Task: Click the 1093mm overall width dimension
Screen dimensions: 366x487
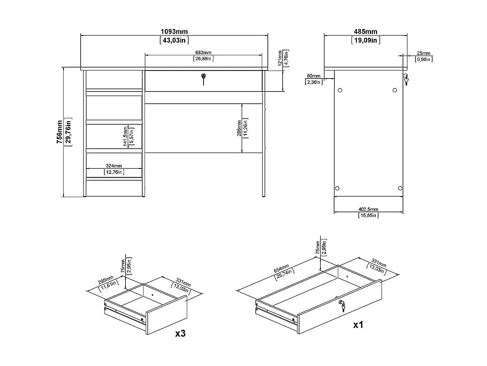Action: tap(174, 32)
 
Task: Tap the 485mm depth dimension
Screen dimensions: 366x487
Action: tap(365, 32)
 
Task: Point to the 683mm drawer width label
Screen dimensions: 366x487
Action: tap(203, 53)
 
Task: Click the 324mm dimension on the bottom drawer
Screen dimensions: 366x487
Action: tap(114, 166)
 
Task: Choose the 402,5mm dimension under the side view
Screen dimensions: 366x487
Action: tap(368, 209)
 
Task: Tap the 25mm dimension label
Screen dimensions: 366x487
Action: tap(423, 53)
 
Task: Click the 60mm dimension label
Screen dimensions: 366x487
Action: tap(314, 76)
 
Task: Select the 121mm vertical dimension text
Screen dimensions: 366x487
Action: tap(280, 58)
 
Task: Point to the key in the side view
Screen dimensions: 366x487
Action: tap(406, 79)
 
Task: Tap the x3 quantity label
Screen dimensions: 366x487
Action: tap(180, 334)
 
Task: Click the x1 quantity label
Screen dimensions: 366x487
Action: tap(358, 325)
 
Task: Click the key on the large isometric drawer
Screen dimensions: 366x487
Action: tap(342, 305)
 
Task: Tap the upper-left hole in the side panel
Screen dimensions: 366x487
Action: tap(340, 90)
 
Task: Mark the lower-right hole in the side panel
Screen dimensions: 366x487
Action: tap(399, 188)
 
